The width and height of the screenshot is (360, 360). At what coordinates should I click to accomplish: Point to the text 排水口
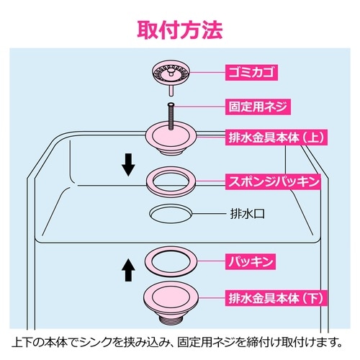coord(248,214)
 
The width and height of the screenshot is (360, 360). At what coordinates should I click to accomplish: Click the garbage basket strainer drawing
coord(171,73)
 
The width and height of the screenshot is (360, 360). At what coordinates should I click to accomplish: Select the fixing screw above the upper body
coord(171,115)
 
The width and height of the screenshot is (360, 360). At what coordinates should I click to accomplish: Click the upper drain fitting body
coord(171,137)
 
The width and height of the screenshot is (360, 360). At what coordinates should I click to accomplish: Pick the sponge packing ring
coord(171,181)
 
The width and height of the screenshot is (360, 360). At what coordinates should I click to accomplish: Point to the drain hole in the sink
coord(171,214)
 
